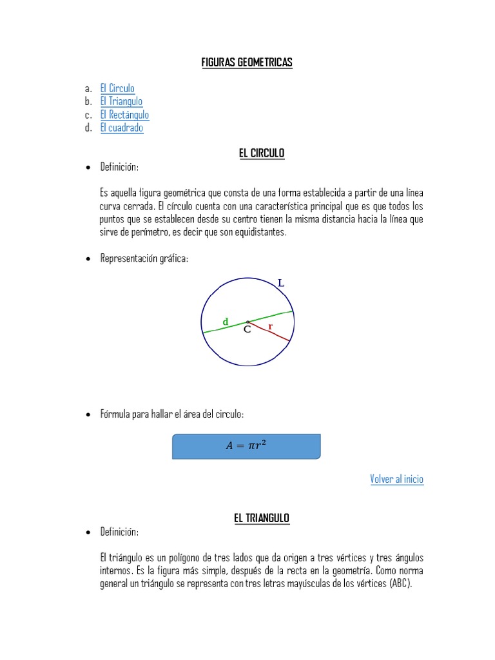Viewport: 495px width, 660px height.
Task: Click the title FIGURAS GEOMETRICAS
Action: click(x=247, y=63)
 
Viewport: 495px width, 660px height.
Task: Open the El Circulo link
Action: click(x=117, y=88)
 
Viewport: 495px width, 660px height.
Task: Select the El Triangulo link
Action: click(x=121, y=101)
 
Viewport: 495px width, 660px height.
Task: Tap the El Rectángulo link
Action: click(x=124, y=115)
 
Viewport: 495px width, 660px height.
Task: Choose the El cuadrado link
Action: click(x=122, y=128)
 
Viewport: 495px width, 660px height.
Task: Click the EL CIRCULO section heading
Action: click(x=262, y=153)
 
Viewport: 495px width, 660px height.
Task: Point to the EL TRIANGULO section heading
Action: click(x=262, y=518)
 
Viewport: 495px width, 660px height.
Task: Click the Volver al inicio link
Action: click(x=397, y=479)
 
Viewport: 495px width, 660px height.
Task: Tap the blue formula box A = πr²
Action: click(x=246, y=446)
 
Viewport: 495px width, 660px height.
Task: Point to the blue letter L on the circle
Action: click(x=280, y=282)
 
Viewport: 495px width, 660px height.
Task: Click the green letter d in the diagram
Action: click(x=226, y=321)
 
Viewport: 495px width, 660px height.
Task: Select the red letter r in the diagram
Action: click(x=271, y=326)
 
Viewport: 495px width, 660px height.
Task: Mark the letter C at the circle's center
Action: click(x=247, y=330)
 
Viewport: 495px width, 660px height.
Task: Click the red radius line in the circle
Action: click(x=274, y=333)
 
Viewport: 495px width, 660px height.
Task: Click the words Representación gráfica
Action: click(x=144, y=258)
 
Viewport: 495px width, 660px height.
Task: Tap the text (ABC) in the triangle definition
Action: click(x=400, y=584)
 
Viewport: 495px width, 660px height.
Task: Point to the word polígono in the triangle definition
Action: click(x=177, y=558)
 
